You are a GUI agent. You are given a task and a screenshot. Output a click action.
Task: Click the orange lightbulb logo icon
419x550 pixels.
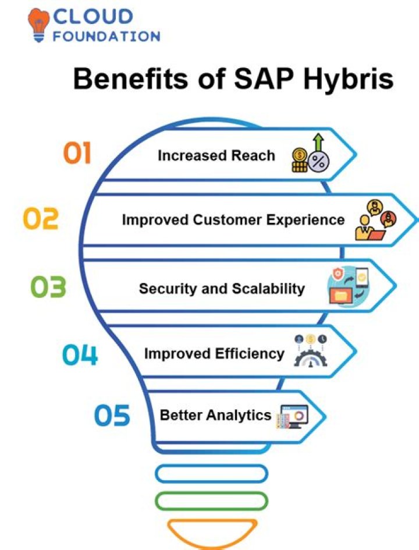coord(38,25)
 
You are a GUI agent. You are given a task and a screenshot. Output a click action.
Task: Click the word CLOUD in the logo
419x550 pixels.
coord(93,16)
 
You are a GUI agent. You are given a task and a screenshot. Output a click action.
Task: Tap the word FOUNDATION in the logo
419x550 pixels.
coord(106,36)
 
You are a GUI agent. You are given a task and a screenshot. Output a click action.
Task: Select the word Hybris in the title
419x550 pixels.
coord(349,79)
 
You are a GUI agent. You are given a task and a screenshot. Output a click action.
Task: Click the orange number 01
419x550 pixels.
coord(77,153)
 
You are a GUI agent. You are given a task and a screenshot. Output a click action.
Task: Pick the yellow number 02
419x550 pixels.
coord(41,218)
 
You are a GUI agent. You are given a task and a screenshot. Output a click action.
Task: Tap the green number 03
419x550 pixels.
coord(48,287)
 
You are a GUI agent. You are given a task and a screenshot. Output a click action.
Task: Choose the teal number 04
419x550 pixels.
coord(80,354)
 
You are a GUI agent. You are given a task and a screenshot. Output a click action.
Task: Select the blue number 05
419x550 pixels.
coord(112,415)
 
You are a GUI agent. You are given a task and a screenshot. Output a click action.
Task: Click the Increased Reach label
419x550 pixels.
coord(216,155)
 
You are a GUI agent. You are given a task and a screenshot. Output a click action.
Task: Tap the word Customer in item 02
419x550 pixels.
coord(227,220)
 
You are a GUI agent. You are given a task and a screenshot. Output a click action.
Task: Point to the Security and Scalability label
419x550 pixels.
coord(222,289)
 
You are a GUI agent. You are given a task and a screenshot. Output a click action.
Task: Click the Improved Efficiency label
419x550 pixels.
coord(214,354)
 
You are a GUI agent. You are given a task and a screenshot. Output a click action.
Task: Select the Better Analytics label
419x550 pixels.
coord(216,415)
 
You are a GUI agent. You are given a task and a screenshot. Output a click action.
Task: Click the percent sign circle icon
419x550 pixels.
coord(319,162)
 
